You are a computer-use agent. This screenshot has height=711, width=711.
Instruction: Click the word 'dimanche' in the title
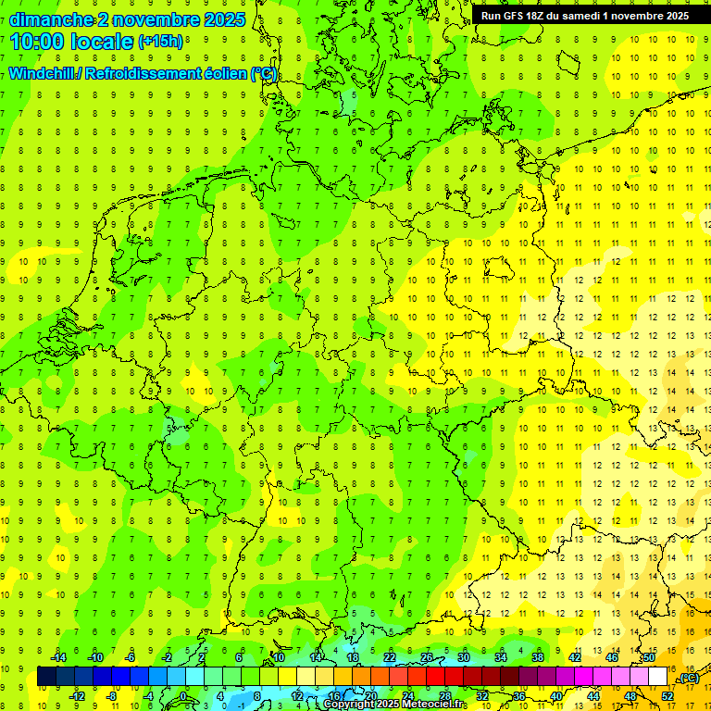(x=52, y=19)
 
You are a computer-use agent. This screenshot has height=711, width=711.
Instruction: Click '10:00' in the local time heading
(x=37, y=42)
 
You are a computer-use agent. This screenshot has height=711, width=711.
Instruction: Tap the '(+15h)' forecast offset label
(x=160, y=42)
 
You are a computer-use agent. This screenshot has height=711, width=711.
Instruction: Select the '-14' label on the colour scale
(x=59, y=657)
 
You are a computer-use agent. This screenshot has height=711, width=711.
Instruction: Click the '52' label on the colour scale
(x=667, y=696)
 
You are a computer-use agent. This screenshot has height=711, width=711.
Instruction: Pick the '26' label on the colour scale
(x=427, y=657)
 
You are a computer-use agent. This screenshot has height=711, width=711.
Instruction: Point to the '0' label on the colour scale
(x=183, y=696)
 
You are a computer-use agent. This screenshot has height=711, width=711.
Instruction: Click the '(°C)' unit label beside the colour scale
(x=689, y=678)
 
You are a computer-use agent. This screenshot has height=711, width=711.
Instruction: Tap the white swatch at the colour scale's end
(x=657, y=677)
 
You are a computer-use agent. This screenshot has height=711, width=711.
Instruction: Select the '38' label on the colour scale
(x=538, y=657)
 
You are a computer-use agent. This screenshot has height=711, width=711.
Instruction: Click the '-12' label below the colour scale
(x=78, y=696)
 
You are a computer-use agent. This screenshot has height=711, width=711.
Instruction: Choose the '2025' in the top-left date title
(x=223, y=19)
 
